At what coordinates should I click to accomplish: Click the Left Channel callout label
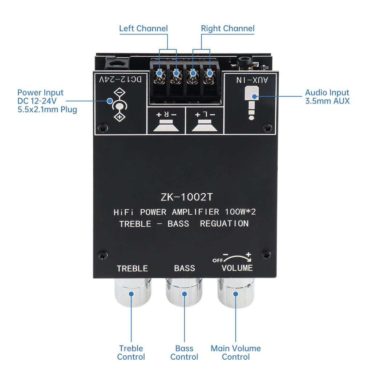[143, 28]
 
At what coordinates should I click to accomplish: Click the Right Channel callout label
[227, 28]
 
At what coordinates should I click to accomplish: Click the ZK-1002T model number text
[186, 197]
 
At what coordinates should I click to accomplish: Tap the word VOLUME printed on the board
[237, 268]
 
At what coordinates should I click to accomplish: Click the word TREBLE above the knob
[132, 268]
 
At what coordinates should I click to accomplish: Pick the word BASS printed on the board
[185, 268]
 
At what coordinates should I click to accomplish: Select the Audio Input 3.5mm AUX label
[327, 97]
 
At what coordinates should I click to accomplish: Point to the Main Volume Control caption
[236, 352]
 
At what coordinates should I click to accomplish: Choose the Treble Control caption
[131, 352]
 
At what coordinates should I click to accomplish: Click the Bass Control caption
[184, 352]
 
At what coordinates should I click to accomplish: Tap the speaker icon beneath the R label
[166, 126]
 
